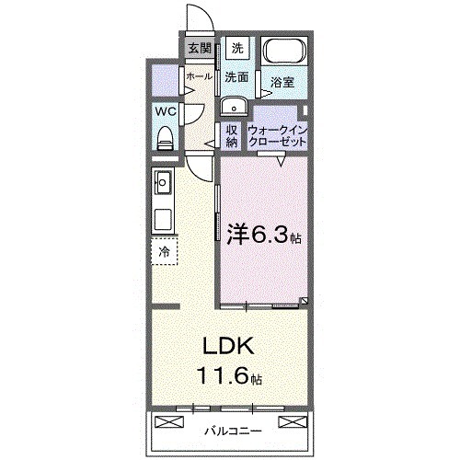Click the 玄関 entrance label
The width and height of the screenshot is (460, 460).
point(200,49)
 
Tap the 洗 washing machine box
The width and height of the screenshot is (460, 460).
point(236,48)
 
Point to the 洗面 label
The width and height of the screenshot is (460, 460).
point(236,77)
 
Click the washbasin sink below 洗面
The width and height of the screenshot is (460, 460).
point(233,104)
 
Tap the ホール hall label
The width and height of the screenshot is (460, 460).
point(198,77)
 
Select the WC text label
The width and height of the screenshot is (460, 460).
point(165,112)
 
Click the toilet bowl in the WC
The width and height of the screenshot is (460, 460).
point(166,137)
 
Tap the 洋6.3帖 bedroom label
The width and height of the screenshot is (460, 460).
point(264,236)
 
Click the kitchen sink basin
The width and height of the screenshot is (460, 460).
point(163,183)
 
